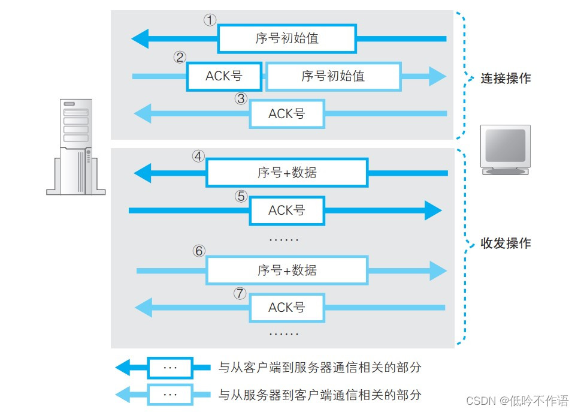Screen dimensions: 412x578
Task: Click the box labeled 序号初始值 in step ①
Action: (x=286, y=39)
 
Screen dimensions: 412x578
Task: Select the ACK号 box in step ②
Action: (x=224, y=77)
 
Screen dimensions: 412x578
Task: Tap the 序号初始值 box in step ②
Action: (x=333, y=77)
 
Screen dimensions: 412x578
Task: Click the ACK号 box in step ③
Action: (x=287, y=113)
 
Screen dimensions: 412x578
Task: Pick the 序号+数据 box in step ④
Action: (x=287, y=173)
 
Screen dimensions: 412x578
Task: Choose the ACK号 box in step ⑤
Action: (x=287, y=210)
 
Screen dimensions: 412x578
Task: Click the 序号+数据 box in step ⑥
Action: (x=287, y=270)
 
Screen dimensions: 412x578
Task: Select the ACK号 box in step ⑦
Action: (x=287, y=308)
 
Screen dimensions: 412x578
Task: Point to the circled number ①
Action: (x=209, y=20)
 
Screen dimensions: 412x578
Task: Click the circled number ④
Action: (x=198, y=157)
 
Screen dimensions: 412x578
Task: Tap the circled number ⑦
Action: (x=240, y=293)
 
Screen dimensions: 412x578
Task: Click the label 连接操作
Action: (x=506, y=79)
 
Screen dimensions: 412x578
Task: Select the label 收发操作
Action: (x=506, y=243)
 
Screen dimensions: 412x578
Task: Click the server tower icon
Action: (x=76, y=147)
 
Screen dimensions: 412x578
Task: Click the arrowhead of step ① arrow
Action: (x=140, y=39)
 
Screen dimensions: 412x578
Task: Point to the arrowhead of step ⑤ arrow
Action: (x=433, y=210)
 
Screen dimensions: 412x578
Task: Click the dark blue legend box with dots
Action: (x=171, y=368)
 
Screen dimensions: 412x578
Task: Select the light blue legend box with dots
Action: (x=171, y=395)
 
